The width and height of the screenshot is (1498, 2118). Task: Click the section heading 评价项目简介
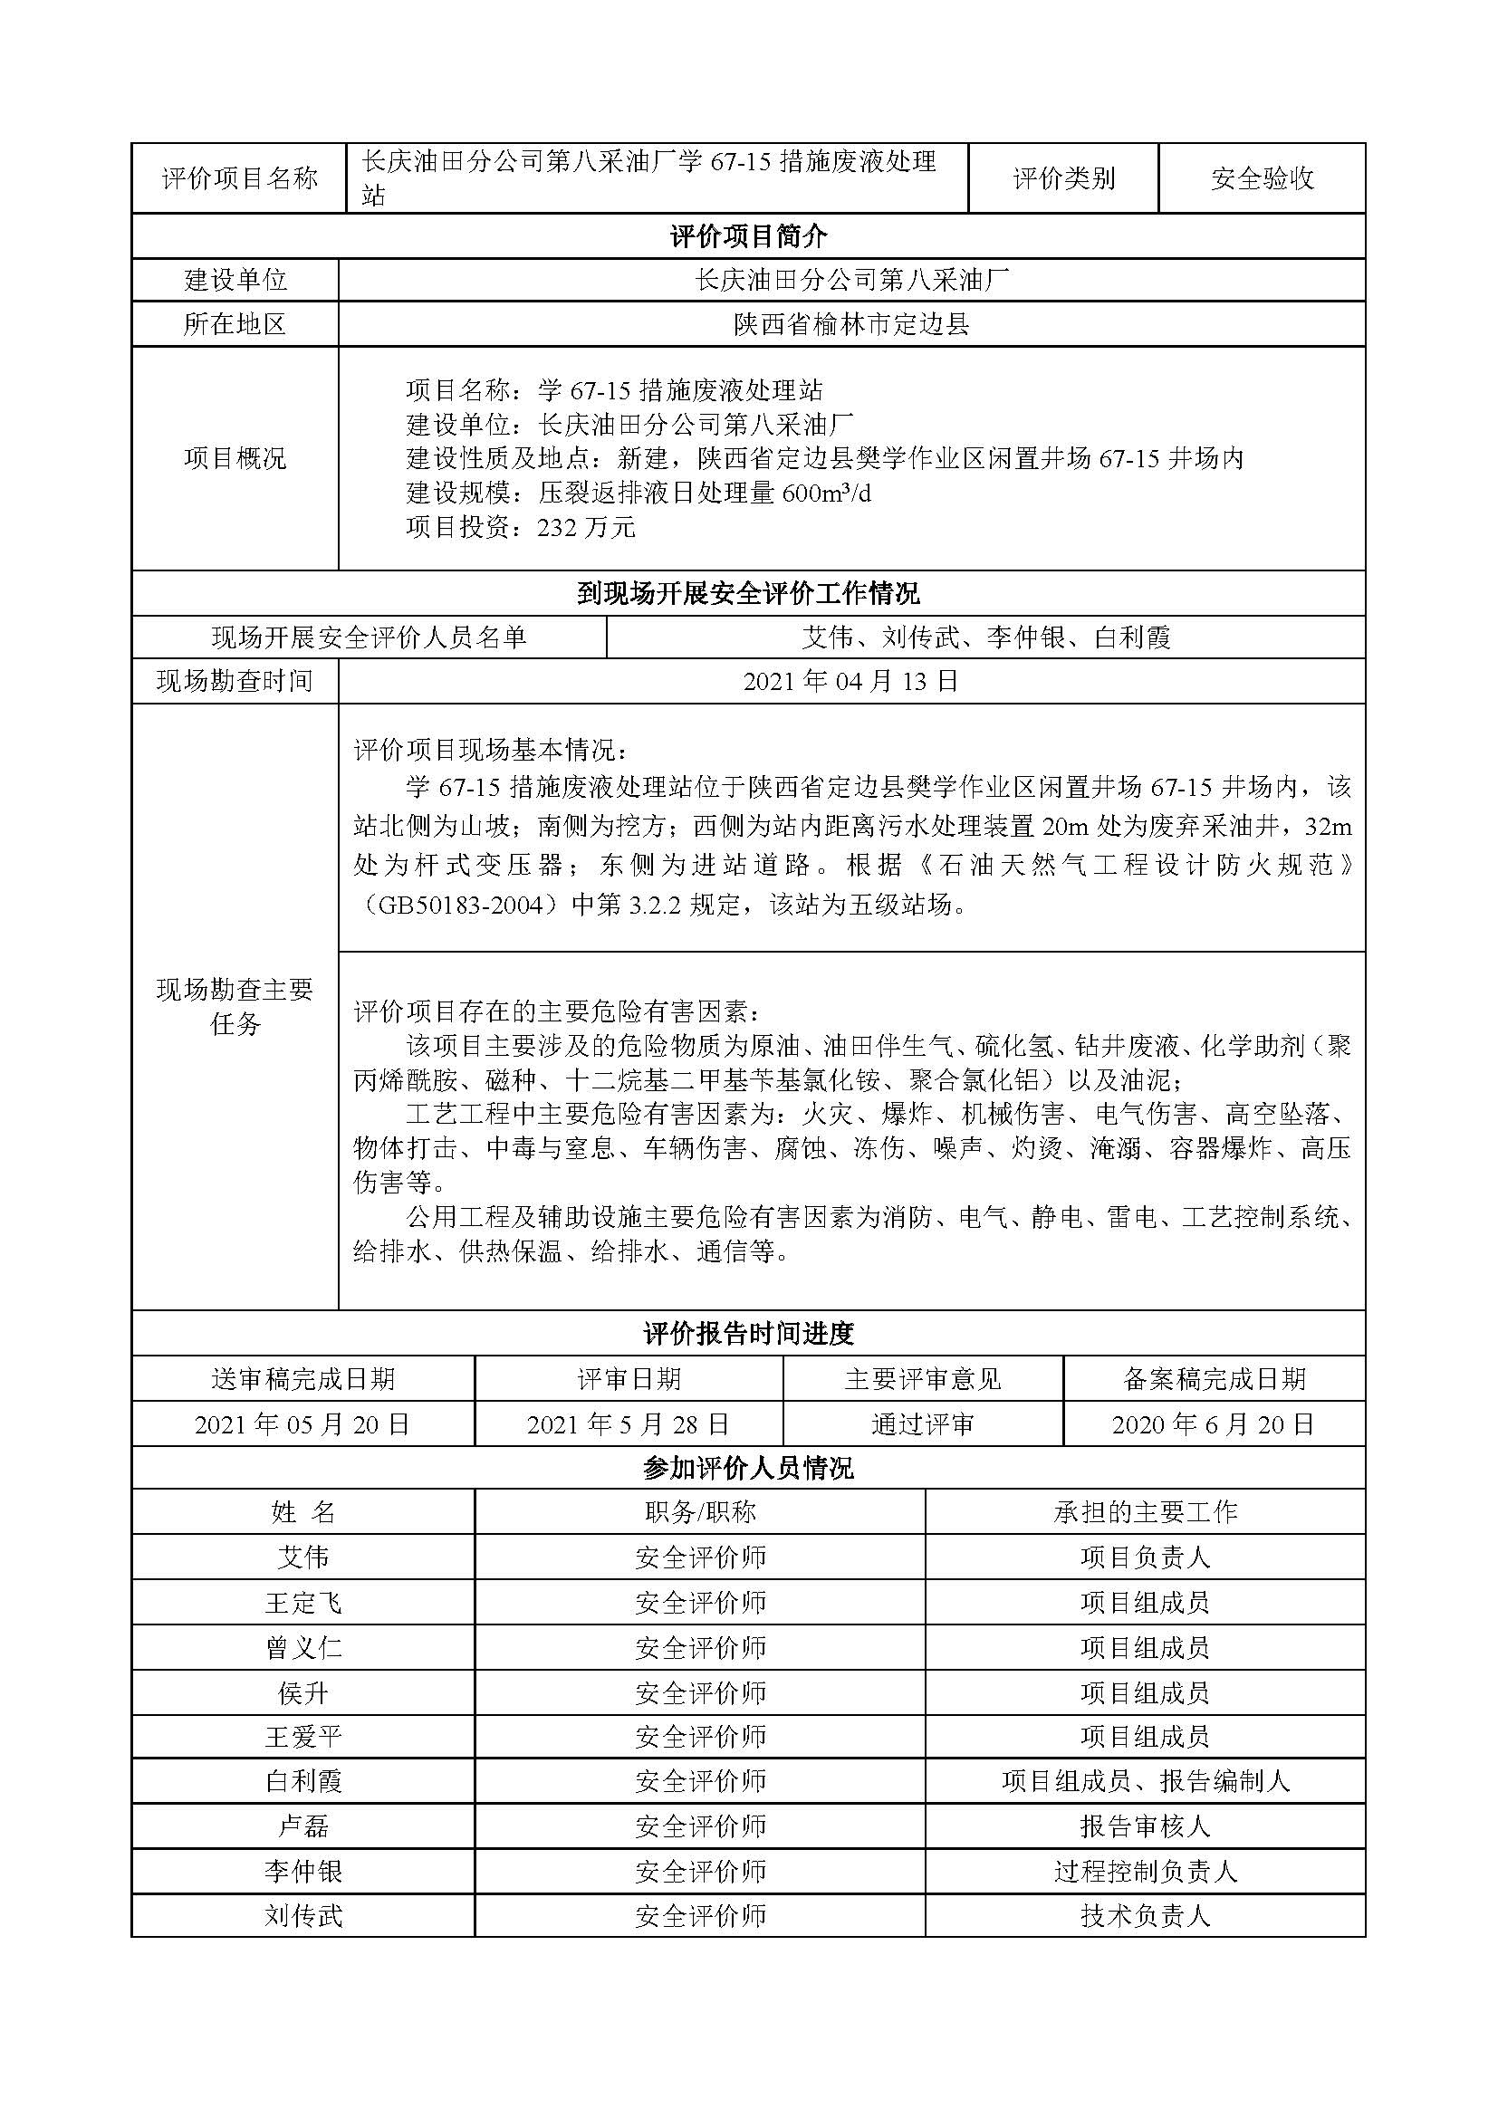pyautogui.click(x=748, y=237)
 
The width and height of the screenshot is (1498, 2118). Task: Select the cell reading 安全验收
pyautogui.click(x=1262, y=178)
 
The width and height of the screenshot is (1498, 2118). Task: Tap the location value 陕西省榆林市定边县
pyautogui.click(x=851, y=325)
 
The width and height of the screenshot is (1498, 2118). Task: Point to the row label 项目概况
pyautogui.click(x=235, y=458)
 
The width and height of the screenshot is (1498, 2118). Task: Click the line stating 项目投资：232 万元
pyautogui.click(x=520, y=528)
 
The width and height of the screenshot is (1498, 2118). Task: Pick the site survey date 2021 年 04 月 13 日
pyautogui.click(x=850, y=681)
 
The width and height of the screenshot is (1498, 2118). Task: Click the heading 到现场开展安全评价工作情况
pyautogui.click(x=748, y=593)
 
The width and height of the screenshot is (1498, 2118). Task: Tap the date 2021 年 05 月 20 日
pyautogui.click(x=302, y=1424)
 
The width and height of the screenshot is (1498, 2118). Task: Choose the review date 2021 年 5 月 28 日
pyautogui.click(x=629, y=1424)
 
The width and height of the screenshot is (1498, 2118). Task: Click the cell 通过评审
pyautogui.click(x=922, y=1424)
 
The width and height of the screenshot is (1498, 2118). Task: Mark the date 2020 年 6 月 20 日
pyautogui.click(x=1213, y=1424)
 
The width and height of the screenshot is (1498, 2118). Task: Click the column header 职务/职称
pyautogui.click(x=699, y=1512)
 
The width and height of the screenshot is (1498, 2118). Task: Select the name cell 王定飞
pyautogui.click(x=302, y=1603)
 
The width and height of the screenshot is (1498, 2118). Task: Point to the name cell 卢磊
pyautogui.click(x=302, y=1826)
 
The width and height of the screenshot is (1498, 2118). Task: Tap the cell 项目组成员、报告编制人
pyautogui.click(x=1145, y=1780)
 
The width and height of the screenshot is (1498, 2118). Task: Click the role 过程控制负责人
pyautogui.click(x=1145, y=1871)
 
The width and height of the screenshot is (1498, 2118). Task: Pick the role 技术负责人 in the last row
pyautogui.click(x=1145, y=1916)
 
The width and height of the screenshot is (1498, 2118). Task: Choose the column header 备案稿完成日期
pyautogui.click(x=1213, y=1379)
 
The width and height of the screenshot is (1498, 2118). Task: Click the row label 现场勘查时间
pyautogui.click(x=235, y=681)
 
